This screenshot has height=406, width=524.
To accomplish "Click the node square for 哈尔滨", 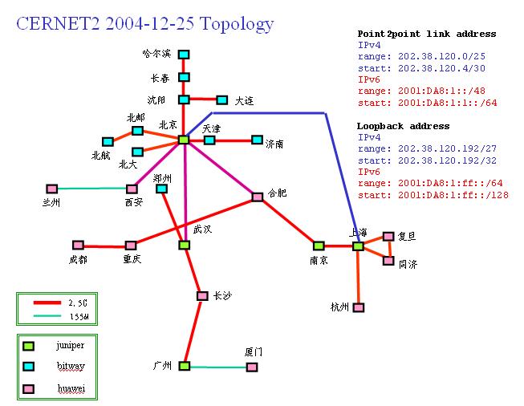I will pyautogui.click(x=184, y=55).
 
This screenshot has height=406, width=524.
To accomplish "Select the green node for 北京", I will pyautogui.click(x=184, y=140).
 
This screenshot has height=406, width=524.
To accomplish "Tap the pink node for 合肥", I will pyautogui.click(x=258, y=197).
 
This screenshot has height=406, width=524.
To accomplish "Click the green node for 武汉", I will pyautogui.click(x=184, y=245).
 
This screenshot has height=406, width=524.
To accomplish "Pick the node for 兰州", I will pyautogui.click(x=52, y=189).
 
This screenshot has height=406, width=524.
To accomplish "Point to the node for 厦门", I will pyautogui.click(x=252, y=367).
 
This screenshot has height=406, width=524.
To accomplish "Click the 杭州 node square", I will pyautogui.click(x=359, y=307).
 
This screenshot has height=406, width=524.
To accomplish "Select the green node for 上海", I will pyautogui.click(x=358, y=246).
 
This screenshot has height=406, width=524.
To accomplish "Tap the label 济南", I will pyautogui.click(x=274, y=144).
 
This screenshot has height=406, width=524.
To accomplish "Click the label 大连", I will pyautogui.click(x=244, y=101).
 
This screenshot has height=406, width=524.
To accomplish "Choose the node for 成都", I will pyautogui.click(x=78, y=245).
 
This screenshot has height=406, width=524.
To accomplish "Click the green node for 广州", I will pyautogui.click(x=184, y=366).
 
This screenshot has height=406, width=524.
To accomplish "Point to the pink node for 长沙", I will pyautogui.click(x=202, y=296).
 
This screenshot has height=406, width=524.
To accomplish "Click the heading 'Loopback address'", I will pyautogui.click(x=403, y=126).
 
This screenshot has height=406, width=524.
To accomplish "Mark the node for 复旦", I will pyautogui.click(x=388, y=236).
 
